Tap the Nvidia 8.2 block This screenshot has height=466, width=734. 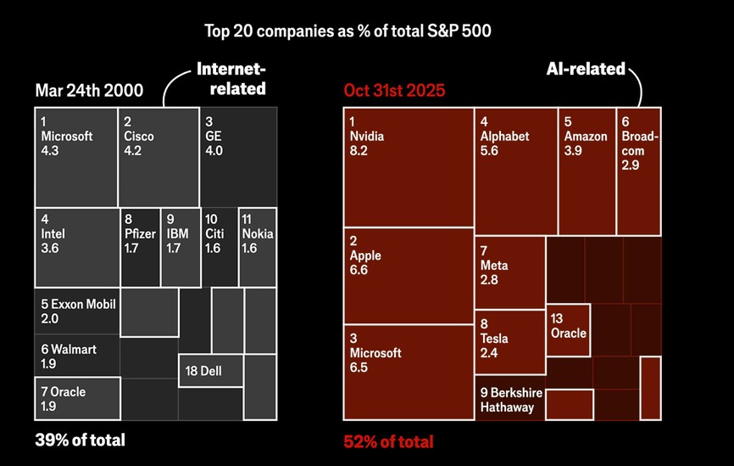tap(408, 166)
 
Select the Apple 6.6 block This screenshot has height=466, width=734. tap(408, 276)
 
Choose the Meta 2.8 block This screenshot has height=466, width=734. tap(509, 272)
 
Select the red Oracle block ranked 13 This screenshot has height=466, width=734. tap(568, 326)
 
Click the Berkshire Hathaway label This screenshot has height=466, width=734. tap(508, 400)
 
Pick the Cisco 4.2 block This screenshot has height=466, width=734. tap(158, 156)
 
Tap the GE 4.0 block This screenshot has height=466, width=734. tap(238, 156)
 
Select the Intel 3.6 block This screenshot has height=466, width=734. tap(76, 246)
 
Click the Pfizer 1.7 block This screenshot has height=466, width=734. tap(140, 246)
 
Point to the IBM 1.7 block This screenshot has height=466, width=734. tap(180, 246)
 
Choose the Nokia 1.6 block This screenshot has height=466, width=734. tap(258, 246)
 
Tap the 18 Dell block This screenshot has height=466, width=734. tap(210, 371)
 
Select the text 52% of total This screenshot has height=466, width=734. tap(388, 441)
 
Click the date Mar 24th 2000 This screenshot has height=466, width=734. tap(90, 91)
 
